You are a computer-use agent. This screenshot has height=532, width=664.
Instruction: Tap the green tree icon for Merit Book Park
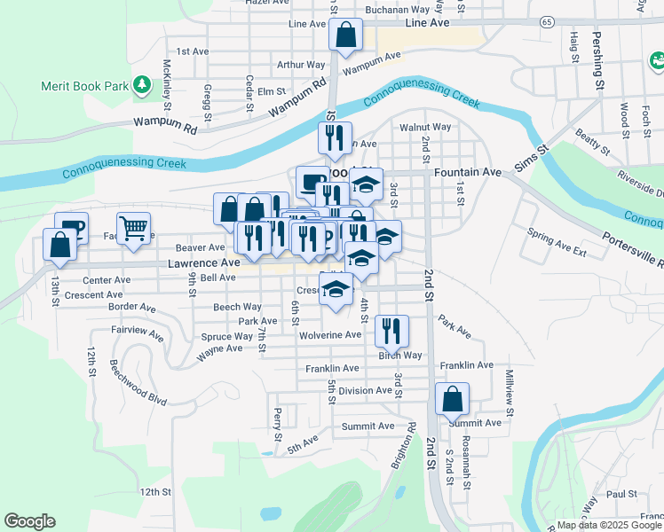141,85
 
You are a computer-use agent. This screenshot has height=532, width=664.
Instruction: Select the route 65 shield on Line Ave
547,20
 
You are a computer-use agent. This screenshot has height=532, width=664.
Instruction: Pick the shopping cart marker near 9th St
133,228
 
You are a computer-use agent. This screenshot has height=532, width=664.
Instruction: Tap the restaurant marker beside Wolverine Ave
391,331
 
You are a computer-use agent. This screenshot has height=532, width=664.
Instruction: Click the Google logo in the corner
29,521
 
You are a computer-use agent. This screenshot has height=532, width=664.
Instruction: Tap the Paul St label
622,494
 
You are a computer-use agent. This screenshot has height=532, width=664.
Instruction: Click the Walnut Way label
425,127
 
